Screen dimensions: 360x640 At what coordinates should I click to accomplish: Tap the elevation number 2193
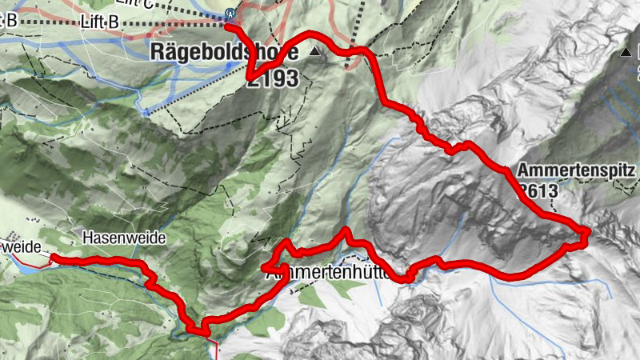273,78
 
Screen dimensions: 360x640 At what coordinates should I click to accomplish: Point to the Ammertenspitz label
576,170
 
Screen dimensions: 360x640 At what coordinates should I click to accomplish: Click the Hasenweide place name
123,238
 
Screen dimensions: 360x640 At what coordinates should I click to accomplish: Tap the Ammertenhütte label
328,273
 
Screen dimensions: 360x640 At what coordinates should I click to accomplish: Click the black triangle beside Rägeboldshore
314,53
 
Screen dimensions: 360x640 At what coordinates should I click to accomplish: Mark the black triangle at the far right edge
625,54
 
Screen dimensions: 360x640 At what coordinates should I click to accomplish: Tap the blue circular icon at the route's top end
230,13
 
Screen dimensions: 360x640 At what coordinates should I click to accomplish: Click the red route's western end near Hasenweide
54,258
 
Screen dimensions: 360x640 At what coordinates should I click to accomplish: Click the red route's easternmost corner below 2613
589,233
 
